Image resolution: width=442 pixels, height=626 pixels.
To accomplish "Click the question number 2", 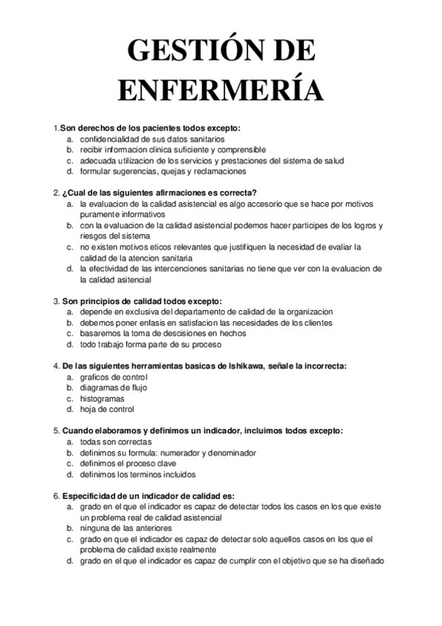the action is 56,193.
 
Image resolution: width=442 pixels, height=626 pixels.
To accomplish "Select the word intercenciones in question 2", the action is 199,269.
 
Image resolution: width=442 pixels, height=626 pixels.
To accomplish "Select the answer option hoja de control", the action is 107,409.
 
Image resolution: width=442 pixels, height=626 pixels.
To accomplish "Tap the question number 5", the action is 56,430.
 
